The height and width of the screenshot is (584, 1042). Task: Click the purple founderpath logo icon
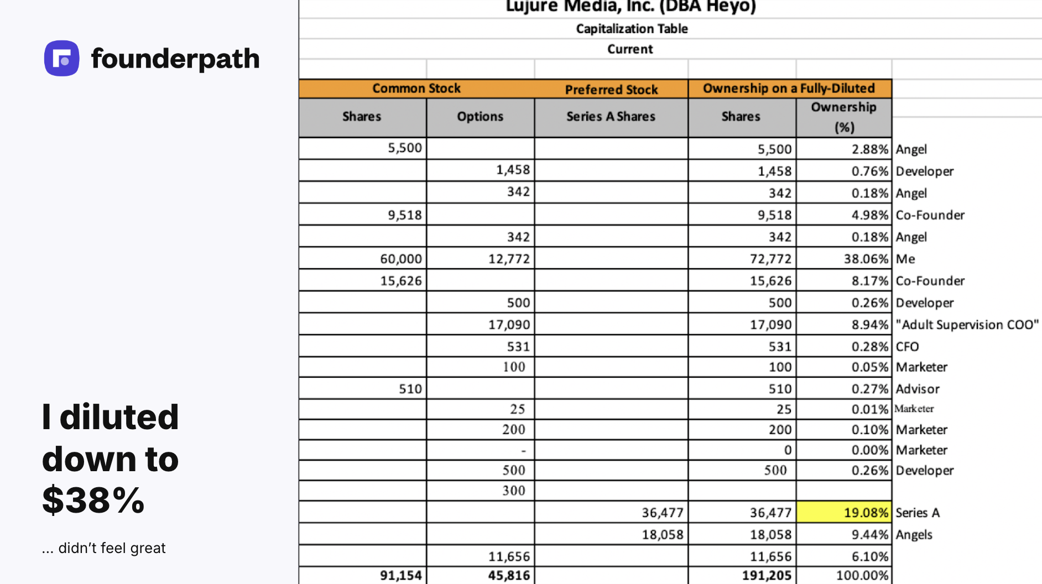61,58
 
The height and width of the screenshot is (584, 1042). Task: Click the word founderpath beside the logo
175,59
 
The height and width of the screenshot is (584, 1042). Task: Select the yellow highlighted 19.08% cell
844,513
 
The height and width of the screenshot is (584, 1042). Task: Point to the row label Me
905,259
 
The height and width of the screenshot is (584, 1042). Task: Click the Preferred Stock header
611,89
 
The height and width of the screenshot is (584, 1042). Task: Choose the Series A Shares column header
611,117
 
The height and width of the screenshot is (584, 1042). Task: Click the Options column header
480,117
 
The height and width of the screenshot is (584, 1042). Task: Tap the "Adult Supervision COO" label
967,325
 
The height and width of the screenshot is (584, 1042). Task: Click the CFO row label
907,347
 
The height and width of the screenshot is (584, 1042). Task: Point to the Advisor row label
918,389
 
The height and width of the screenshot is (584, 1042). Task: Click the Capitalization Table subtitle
632,29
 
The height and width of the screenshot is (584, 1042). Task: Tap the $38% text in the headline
93,500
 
